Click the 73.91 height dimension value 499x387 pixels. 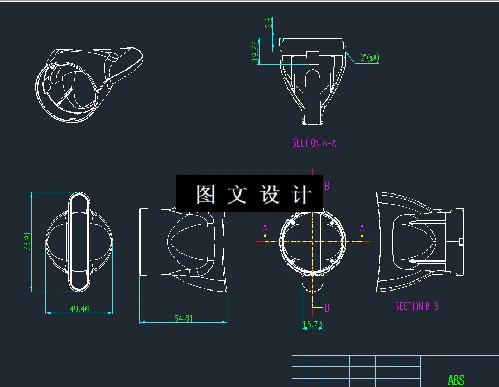click(27, 241)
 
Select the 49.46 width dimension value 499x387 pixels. click(79, 309)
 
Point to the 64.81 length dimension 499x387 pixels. click(183, 318)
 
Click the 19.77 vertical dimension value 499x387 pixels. click(256, 52)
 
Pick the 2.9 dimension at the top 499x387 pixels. click(269, 23)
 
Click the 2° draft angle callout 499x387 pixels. click(370, 57)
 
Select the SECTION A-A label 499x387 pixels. click(314, 143)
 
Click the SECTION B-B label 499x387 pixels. click(417, 306)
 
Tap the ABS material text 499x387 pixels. click(456, 380)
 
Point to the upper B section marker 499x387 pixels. click(327, 186)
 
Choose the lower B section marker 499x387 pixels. click(327, 308)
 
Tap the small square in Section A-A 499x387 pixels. click(313, 57)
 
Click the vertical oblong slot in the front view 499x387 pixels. click(80, 241)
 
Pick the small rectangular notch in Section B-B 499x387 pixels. click(461, 241)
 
